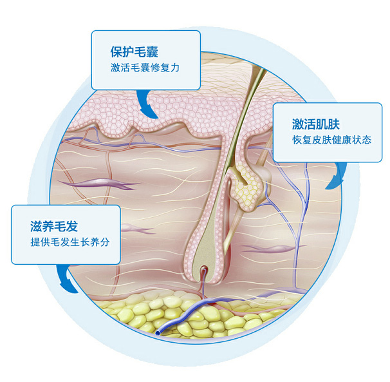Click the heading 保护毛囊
click(x=135, y=52)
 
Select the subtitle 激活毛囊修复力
click(x=145, y=68)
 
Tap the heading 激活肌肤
click(x=316, y=124)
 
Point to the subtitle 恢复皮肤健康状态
click(x=332, y=140)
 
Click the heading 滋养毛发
click(x=54, y=226)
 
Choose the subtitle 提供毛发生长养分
click(x=70, y=242)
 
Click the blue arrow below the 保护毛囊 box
click(x=147, y=103)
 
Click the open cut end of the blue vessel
click(x=158, y=332)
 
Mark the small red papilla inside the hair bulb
click(x=205, y=270)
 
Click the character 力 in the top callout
click(x=174, y=68)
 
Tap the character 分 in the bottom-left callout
click(x=105, y=242)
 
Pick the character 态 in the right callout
click(x=367, y=140)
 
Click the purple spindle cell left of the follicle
click(x=100, y=184)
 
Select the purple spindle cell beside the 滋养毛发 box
click(x=137, y=229)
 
